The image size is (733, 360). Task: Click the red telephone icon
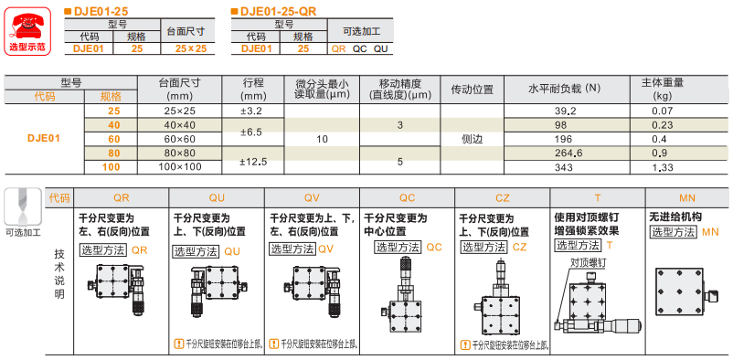pyautogui.click(x=24, y=25)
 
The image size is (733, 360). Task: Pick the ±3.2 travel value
pyautogui.click(x=251, y=111)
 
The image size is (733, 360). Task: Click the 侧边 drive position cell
pyautogui.click(x=473, y=139)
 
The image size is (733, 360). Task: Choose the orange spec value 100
pyautogui.click(x=112, y=168)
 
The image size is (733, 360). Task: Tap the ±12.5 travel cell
pyautogui.click(x=251, y=161)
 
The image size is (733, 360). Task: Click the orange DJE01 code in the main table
pyautogui.click(x=43, y=139)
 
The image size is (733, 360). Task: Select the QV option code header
pyautogui.click(x=312, y=197)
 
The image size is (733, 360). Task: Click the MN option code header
pyautogui.click(x=687, y=197)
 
